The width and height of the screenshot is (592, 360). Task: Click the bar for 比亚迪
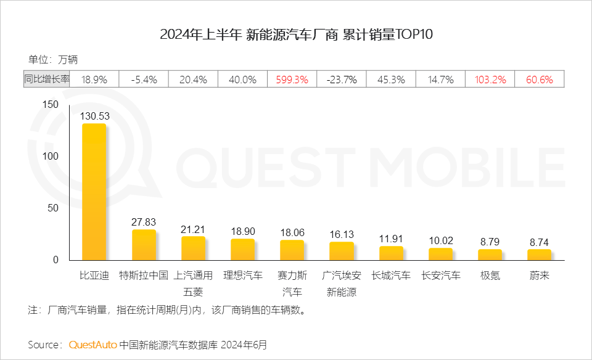pos(94,192)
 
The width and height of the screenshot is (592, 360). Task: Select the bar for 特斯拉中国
pos(144,245)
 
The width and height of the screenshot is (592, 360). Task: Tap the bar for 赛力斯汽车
pos(292,250)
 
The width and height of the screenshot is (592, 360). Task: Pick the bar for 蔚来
pos(539,254)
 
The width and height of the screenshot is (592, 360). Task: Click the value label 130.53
pos(94,116)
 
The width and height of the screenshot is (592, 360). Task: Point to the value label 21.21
pos(193,229)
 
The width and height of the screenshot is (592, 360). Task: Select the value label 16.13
pos(341,234)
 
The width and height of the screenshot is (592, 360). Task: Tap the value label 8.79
pos(490,242)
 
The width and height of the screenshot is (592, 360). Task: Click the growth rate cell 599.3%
pos(292,80)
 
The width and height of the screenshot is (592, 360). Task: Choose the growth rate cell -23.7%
pos(342,80)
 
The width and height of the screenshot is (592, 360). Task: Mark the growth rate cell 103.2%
pos(490,80)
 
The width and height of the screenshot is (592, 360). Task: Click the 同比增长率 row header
pos(47,80)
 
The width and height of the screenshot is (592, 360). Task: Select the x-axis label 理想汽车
pos(242,276)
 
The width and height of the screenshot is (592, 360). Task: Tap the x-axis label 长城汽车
pos(391,276)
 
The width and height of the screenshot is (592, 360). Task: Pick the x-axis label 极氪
pos(490,276)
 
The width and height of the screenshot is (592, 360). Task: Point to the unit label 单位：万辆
pos(53,60)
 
